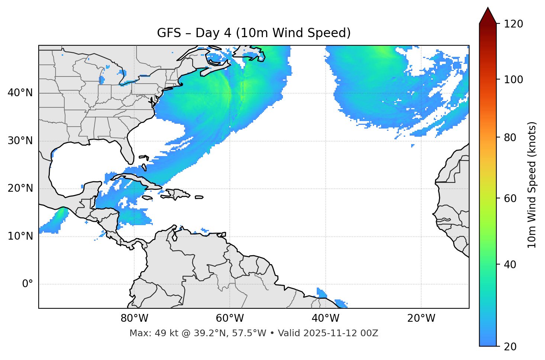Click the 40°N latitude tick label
tap(20, 93)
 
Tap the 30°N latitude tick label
tap(20, 141)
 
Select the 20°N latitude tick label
tap(20, 188)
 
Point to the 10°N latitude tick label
tap(20, 236)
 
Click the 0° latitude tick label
tap(28, 284)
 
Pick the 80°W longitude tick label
tap(134, 318)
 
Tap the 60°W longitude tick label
tap(230, 318)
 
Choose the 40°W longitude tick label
tap(325, 318)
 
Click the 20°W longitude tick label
tap(421, 318)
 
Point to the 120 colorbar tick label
tap(513, 24)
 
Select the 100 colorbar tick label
tap(513, 80)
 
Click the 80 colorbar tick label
tap(510, 137)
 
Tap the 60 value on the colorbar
tap(510, 198)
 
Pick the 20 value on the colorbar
tap(510, 347)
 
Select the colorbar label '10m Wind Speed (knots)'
tap(532, 185)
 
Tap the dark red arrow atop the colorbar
tap(488, 16)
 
